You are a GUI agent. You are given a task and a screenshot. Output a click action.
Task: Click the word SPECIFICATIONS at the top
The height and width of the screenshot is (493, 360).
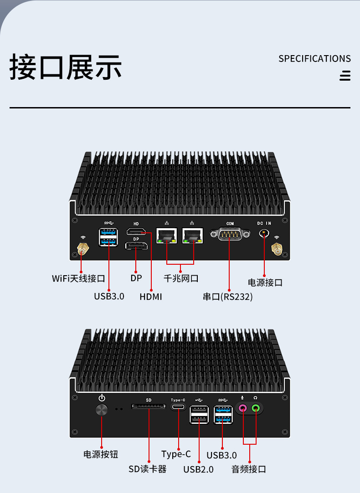(314, 59)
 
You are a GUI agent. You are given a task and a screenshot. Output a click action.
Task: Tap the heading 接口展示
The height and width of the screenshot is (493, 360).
(66, 67)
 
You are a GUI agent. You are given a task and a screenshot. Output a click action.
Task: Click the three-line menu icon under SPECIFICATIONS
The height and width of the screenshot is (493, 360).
(345, 76)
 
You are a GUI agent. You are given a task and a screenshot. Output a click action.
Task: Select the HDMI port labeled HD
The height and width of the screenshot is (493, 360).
(136, 232)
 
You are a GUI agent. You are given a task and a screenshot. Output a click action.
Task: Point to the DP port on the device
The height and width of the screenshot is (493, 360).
(136, 246)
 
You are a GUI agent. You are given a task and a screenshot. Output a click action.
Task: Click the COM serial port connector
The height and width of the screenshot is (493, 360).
(230, 234)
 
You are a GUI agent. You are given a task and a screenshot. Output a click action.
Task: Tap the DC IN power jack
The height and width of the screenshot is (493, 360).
(264, 233)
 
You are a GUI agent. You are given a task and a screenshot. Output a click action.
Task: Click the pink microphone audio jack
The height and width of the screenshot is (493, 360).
(243, 408)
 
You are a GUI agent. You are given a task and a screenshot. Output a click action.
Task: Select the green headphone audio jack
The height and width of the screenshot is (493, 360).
(256, 408)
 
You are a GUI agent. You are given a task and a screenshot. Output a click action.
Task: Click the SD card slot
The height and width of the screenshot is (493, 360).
(149, 406)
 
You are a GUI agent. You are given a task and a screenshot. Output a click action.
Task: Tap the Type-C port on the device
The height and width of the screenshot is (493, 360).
(178, 407)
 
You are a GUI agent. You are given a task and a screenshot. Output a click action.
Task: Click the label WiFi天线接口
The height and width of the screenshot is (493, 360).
(78, 278)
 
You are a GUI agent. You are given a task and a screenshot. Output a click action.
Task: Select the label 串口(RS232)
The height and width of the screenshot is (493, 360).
(228, 297)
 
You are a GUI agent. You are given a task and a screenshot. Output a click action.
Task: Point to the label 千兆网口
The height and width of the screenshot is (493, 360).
(181, 278)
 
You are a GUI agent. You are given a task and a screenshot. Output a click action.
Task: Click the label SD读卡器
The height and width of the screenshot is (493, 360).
(148, 469)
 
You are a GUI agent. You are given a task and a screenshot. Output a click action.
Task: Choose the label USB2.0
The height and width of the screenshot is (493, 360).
(198, 469)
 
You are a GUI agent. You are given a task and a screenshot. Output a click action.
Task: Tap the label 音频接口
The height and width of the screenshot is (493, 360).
(249, 469)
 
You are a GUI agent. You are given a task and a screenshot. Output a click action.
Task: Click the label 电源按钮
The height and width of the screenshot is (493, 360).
(101, 454)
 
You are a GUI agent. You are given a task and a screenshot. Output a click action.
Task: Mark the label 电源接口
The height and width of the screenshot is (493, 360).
(265, 282)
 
